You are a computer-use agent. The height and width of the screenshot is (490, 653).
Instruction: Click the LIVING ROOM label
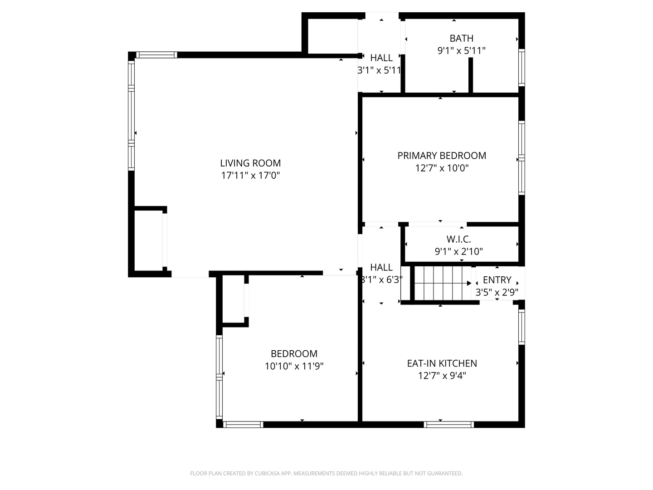[x=250, y=163]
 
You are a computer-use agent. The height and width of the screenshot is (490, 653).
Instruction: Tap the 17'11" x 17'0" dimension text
[x=250, y=176]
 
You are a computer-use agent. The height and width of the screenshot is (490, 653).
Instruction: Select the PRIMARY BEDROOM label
[x=442, y=156]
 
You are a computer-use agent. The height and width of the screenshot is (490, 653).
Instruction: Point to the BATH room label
[x=461, y=39]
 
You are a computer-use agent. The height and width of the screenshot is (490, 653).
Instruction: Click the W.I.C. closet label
[x=458, y=239]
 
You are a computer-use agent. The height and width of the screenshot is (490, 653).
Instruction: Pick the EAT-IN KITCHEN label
[x=442, y=363]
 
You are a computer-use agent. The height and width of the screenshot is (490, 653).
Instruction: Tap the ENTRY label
[x=497, y=280]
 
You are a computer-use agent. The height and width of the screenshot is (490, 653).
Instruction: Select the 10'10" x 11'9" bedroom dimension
[x=294, y=366]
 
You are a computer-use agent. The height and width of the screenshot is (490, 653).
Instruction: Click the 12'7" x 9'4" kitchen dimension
[x=442, y=376]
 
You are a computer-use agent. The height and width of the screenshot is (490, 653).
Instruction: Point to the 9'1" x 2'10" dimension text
[x=458, y=251]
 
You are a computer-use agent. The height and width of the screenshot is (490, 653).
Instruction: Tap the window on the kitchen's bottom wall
[x=448, y=425]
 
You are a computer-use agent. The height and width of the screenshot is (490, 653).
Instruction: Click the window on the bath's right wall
[x=521, y=68]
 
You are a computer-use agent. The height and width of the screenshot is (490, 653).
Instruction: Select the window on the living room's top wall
[x=156, y=55]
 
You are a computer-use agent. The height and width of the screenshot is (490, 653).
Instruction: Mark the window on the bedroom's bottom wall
[x=244, y=425]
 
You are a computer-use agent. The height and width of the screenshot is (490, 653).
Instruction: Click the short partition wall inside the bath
[x=471, y=75]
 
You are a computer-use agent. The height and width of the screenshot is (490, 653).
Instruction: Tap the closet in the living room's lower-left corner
[x=148, y=240]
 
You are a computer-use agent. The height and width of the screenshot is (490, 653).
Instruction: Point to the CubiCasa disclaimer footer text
[x=326, y=473]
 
